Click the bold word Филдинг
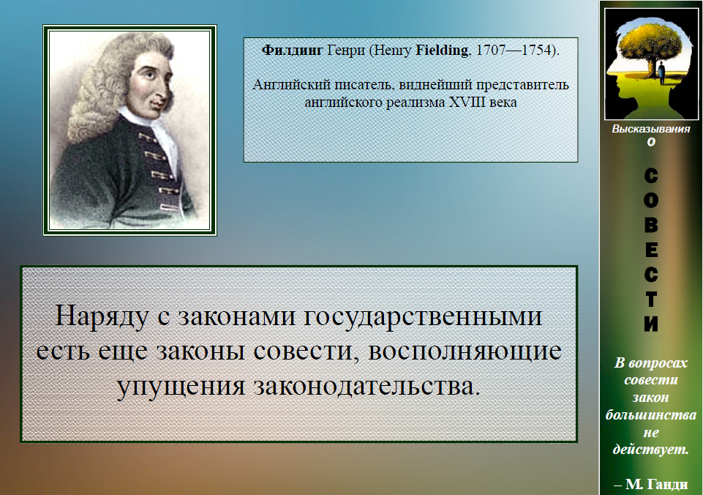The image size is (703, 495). (292, 51)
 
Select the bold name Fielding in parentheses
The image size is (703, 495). (442, 51)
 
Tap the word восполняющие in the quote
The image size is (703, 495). (465, 351)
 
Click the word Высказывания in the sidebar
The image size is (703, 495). (650, 129)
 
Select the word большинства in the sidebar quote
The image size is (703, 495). (650, 415)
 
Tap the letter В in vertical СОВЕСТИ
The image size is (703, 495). (651, 224)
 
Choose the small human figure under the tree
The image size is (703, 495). (661, 72)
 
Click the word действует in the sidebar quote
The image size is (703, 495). (650, 449)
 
